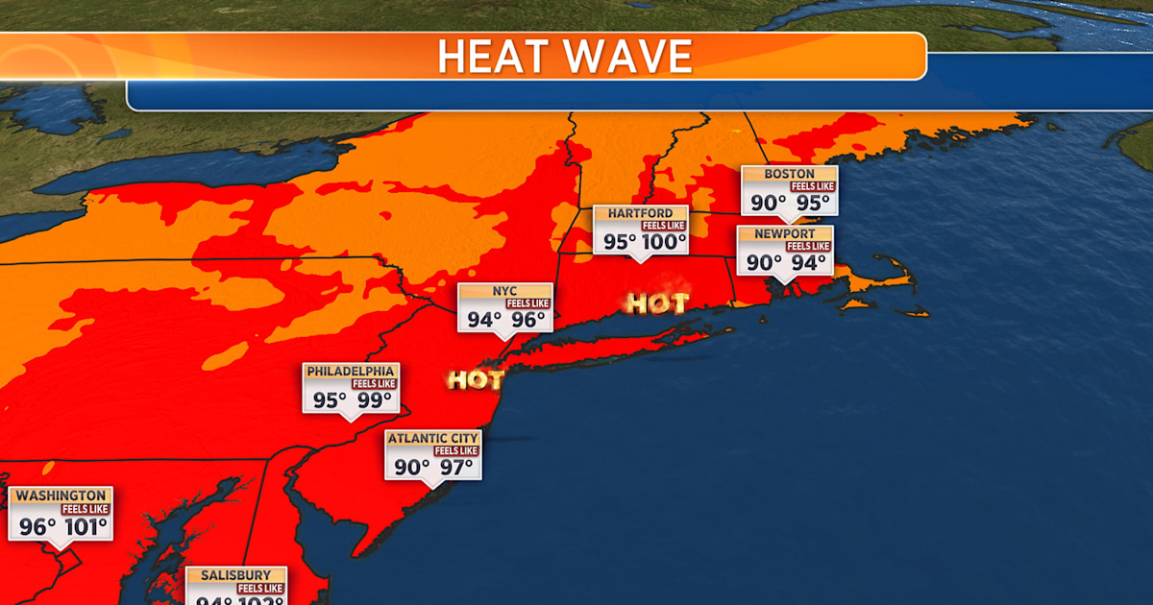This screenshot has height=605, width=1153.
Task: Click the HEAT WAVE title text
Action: [564, 57]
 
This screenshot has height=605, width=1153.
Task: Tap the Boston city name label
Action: [789, 174]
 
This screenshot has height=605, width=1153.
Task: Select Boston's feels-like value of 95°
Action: [813, 203]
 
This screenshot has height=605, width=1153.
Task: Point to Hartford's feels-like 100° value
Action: [664, 242]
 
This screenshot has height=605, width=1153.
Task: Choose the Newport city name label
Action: [784, 233]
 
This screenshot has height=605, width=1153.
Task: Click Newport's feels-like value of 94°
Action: [808, 262]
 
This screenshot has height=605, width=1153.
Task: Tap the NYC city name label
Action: [504, 291]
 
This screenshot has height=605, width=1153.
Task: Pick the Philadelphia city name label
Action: [350, 372]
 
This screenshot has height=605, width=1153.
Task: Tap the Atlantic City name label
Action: [432, 439]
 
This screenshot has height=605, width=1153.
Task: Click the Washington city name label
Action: [61, 496]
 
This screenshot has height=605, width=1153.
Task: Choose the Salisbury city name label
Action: [236, 575]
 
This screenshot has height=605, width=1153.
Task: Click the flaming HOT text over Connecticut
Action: [657, 304]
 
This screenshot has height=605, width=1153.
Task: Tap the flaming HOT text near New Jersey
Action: [475, 380]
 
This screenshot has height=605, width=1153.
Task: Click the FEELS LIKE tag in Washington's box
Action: [86, 509]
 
